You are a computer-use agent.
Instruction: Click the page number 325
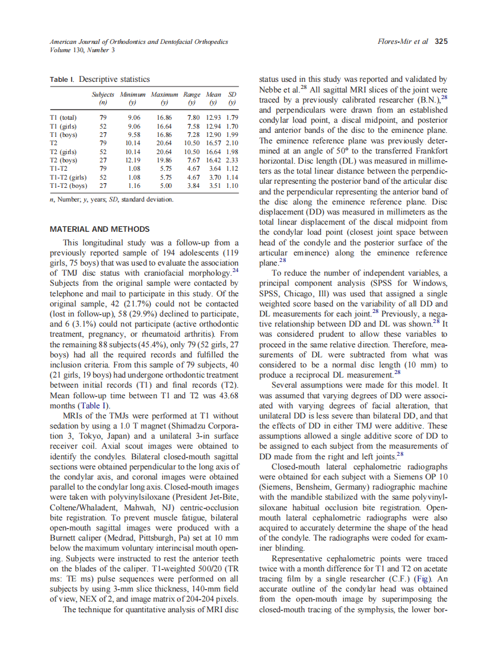(x=441, y=41)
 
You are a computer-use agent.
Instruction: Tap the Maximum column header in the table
(x=164, y=94)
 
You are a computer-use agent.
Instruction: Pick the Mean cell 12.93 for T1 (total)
(x=214, y=118)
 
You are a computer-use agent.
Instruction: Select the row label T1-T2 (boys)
(x=69, y=186)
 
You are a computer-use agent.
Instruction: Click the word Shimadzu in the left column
(x=175, y=426)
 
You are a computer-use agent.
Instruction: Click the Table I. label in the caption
(x=63, y=79)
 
